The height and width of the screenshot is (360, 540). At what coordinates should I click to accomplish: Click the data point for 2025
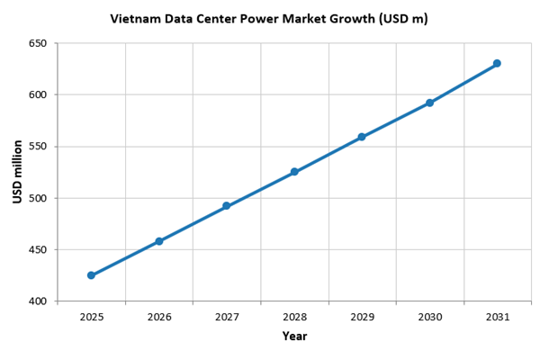[91, 275]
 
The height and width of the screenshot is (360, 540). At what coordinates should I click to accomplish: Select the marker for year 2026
[159, 241]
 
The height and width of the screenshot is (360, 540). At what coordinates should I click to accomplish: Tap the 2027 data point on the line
[227, 206]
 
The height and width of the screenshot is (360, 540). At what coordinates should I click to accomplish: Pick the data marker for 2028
[294, 172]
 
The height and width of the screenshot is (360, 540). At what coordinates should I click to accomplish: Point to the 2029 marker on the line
[362, 137]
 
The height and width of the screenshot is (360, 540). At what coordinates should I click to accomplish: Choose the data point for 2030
[429, 103]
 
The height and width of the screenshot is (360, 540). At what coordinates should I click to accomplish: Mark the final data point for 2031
[497, 63]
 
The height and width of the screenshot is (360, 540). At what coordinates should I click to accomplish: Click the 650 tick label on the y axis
[38, 43]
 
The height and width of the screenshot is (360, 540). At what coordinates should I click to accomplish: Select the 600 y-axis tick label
[38, 94]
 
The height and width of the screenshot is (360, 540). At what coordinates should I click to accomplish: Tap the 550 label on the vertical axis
[38, 147]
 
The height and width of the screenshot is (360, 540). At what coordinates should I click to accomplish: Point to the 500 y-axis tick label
[38, 198]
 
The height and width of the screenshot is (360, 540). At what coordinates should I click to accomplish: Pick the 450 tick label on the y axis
[38, 249]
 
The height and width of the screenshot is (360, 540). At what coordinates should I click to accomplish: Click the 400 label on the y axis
[38, 301]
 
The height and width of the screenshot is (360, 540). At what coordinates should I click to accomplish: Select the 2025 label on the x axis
[91, 317]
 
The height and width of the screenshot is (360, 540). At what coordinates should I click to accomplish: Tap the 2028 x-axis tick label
[294, 317]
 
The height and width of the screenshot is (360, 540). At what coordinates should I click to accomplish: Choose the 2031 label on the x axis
[497, 317]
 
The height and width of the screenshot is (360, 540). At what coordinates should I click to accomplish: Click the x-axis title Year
[294, 337]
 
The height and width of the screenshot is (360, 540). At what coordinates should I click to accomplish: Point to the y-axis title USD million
[17, 172]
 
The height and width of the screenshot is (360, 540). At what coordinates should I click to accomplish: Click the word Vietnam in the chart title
[134, 18]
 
